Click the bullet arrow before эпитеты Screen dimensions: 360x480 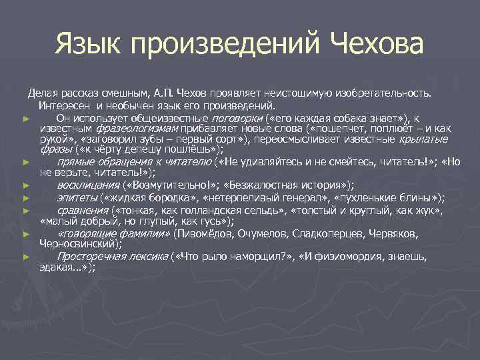[25, 198]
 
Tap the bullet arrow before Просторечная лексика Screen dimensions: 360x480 [25, 257]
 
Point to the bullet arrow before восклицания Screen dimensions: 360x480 [25, 185]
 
